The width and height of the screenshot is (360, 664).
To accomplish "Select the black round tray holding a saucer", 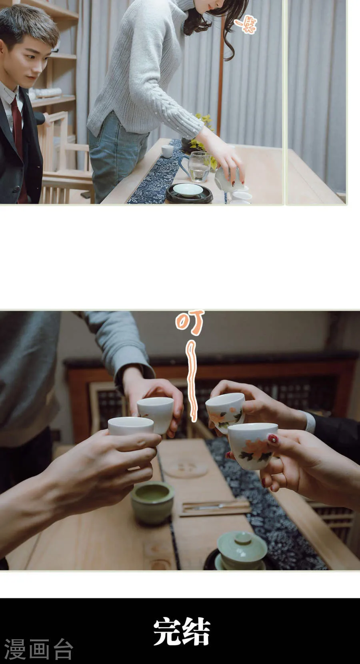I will click(x=189, y=194).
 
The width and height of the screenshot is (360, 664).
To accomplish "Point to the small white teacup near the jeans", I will click(x=167, y=151).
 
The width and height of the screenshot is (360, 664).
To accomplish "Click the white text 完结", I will click(x=182, y=632).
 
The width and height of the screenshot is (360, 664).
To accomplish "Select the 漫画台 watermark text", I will click(x=38, y=649).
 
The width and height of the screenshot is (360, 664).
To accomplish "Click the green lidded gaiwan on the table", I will click(x=242, y=550).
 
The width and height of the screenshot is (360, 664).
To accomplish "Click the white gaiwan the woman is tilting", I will click(x=227, y=178).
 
